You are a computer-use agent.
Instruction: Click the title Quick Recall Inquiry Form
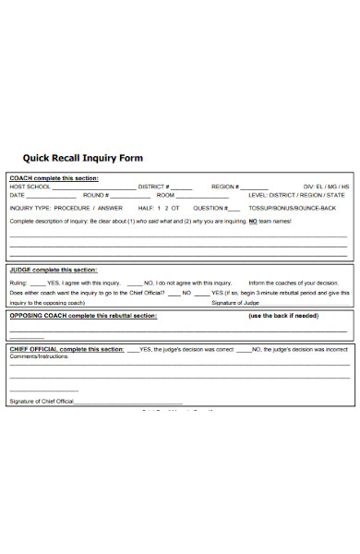point(83,158)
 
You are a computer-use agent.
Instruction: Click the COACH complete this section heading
point(54,177)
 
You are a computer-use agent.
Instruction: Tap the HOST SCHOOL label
point(30,187)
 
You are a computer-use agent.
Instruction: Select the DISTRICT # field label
point(155,187)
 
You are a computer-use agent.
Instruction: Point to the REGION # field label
point(225,187)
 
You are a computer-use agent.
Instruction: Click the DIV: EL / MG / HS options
point(325,187)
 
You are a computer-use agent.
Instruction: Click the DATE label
point(17,196)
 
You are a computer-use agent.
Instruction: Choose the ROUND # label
point(96,196)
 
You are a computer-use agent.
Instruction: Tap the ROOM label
point(165,196)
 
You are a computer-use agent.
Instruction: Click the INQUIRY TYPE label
point(31,208)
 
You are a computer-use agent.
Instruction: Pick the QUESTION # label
point(209,208)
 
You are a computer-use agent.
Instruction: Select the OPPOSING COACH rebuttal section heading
point(83,316)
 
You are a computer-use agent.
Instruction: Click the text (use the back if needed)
point(283,316)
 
